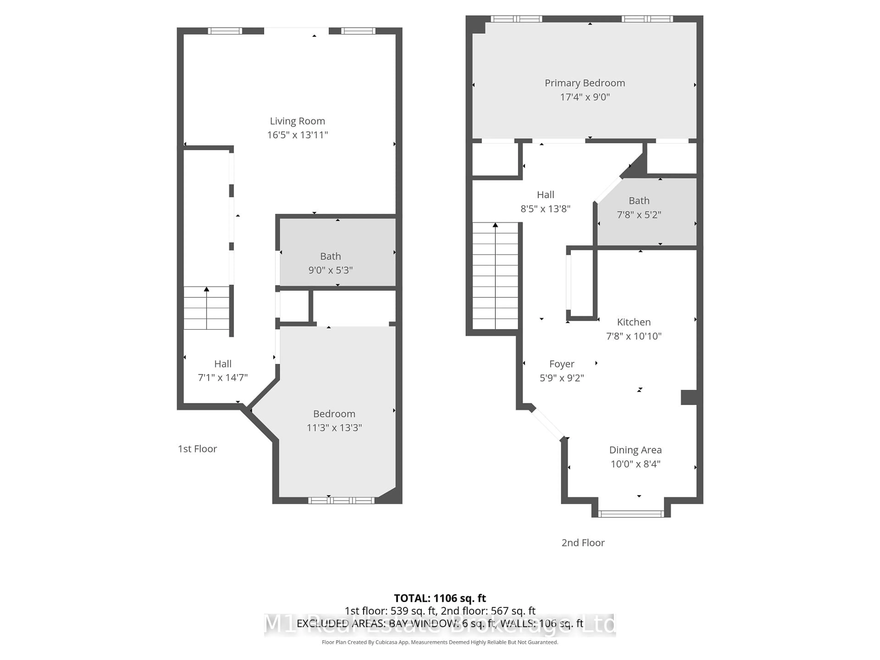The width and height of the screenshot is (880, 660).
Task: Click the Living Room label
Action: [297, 121]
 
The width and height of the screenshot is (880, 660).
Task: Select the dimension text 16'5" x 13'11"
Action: [297, 135]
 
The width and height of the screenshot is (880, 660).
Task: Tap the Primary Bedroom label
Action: [584, 83]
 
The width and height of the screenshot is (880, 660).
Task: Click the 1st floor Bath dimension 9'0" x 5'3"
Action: [330, 270]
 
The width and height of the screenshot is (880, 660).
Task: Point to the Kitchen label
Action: [633, 322]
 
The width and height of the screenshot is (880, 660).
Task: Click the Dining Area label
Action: [635, 450]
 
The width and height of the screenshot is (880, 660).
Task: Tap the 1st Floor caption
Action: [197, 449]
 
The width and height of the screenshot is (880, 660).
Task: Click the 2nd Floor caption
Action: [583, 543]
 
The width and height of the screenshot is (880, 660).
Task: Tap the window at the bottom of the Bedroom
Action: [341, 500]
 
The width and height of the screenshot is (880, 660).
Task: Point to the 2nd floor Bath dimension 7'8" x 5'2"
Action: [639, 215]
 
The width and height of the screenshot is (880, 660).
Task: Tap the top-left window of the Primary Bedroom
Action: [516, 19]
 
